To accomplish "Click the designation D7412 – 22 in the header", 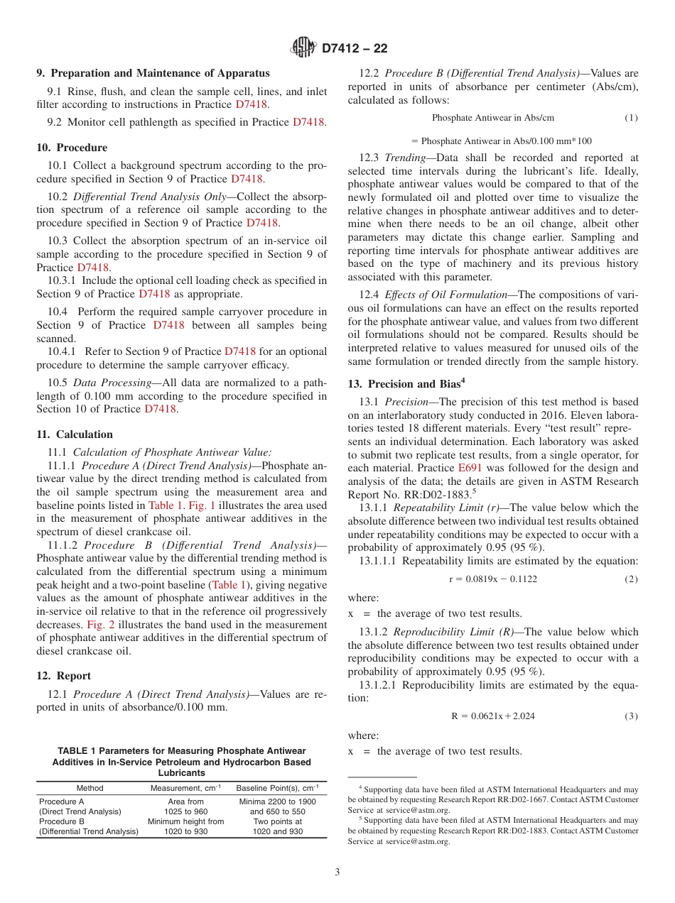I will point(355,49).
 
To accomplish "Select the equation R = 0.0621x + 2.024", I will point(492,716).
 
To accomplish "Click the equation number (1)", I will point(631,117).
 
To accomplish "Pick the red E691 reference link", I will point(469,468).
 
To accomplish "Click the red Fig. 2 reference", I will point(99,625).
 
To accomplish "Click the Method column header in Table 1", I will point(90,788).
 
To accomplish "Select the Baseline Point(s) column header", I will point(277,788).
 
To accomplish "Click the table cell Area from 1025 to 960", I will point(185,806).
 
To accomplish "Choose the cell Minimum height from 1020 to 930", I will point(185,826).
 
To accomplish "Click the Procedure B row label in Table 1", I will point(62,821).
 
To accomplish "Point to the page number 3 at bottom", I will point(337,872).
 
